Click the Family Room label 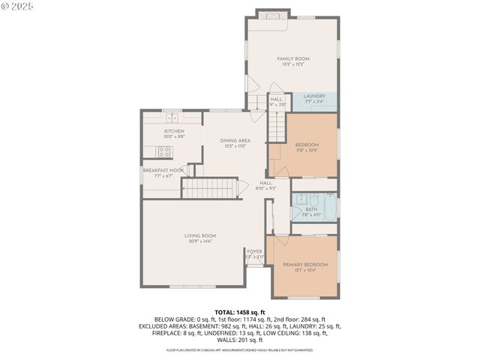pyautogui.click(x=292, y=58)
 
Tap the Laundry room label pyautogui.click(x=313, y=96)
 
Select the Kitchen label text pyautogui.click(x=174, y=131)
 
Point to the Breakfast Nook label pyautogui.click(x=163, y=170)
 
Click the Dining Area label pyautogui.click(x=235, y=140)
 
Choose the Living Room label pyautogui.click(x=200, y=235)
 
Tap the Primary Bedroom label pyautogui.click(x=305, y=265)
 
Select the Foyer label pyautogui.click(x=255, y=251)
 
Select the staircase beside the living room pyautogui.click(x=210, y=189)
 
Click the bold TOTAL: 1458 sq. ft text pyautogui.click(x=239, y=312)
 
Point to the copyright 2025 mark pyautogui.click(x=16, y=6)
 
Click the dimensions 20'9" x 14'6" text pyautogui.click(x=200, y=241)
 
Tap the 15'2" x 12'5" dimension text pyautogui.click(x=292, y=64)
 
